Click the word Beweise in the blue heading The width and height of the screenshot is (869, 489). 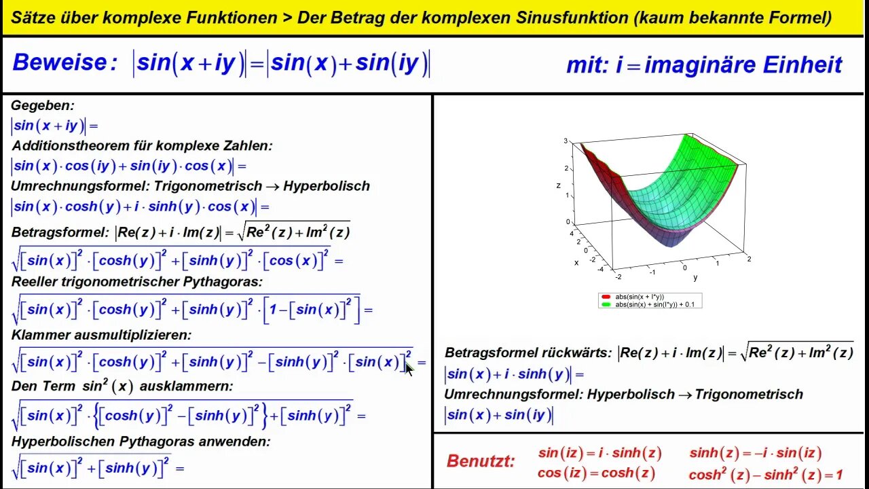click(x=60, y=63)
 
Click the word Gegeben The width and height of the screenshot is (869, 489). click(x=42, y=106)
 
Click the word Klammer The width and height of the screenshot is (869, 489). click(x=40, y=335)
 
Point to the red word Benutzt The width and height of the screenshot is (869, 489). click(x=481, y=462)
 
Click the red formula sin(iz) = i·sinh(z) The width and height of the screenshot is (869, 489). click(x=599, y=453)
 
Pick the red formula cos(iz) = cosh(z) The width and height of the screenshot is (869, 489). click(x=596, y=473)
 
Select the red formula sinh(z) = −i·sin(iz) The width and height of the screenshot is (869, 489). click(x=755, y=453)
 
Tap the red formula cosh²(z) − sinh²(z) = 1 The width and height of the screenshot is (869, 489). click(x=765, y=475)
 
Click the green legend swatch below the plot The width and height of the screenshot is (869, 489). click(x=606, y=305)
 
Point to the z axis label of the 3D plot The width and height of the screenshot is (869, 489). click(x=558, y=185)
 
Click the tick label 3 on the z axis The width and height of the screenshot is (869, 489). click(x=566, y=141)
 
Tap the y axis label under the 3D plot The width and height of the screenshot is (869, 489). click(x=695, y=278)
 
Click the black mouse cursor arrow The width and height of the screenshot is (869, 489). click(x=409, y=369)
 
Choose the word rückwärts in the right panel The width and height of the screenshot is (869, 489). click(x=576, y=353)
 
